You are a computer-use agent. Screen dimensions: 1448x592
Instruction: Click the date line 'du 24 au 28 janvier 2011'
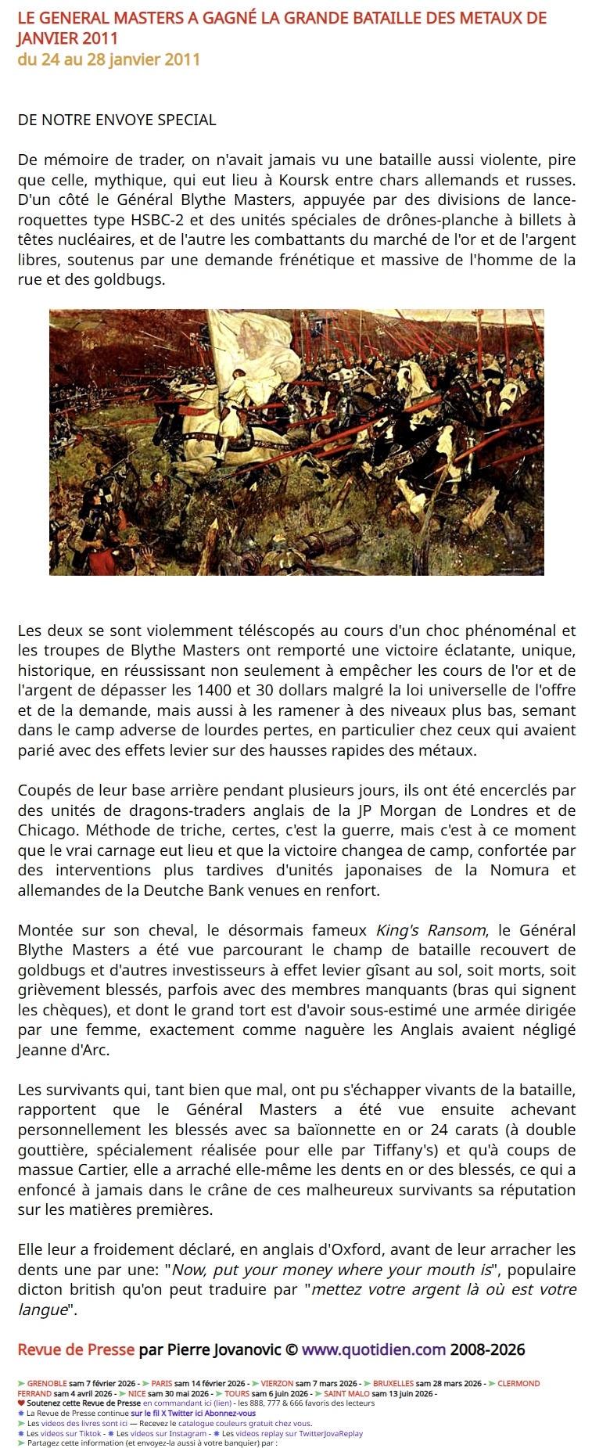point(109,59)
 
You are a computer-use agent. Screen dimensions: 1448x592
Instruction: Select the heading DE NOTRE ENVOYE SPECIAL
point(117,120)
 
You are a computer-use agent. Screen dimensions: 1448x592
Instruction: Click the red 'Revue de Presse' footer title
point(77,1349)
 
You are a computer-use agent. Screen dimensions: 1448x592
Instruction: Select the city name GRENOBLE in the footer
point(47,1383)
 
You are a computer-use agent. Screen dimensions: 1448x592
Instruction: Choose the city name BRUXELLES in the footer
point(393,1383)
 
